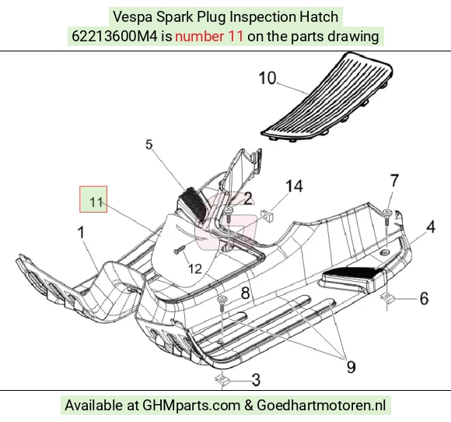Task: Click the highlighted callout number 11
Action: (96, 202)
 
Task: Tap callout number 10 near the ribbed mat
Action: (267, 78)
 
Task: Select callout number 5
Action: (149, 145)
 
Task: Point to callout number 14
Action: (294, 186)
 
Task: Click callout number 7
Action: (394, 181)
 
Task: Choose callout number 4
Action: (431, 227)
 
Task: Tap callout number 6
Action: (424, 298)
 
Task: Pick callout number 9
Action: (351, 367)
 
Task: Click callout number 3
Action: (256, 380)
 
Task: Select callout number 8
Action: (245, 294)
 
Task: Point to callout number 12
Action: (195, 269)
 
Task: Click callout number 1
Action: (82, 232)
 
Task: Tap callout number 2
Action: (248, 199)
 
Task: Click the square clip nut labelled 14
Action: (267, 216)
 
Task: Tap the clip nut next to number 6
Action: (388, 298)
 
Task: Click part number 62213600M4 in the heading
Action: (114, 37)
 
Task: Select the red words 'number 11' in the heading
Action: (209, 37)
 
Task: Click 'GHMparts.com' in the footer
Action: (191, 406)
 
